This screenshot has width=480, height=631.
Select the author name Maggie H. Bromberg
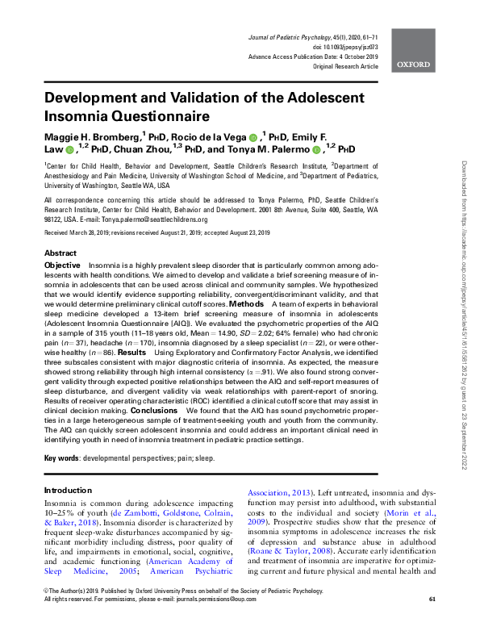(93, 135)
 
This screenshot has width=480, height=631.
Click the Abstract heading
(61, 253)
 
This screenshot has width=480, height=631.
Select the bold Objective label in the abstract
(62, 265)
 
